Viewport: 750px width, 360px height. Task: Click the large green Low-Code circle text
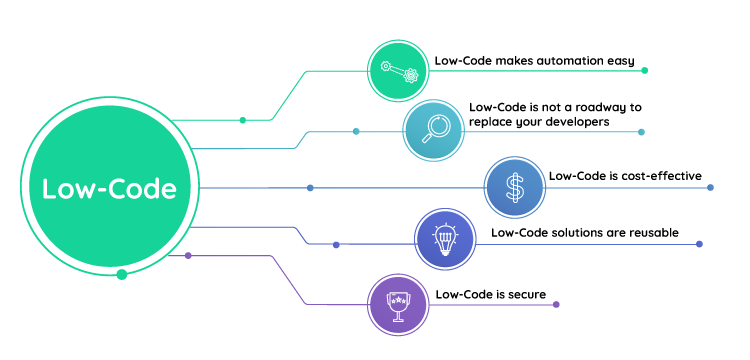[x=109, y=189]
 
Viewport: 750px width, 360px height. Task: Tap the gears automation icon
[x=401, y=70]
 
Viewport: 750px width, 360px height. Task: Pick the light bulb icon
[x=445, y=241]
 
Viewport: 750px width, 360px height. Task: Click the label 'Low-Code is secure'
[x=485, y=294]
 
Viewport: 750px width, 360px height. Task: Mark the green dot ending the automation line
[x=645, y=71]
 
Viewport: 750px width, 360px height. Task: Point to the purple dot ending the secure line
[x=556, y=305]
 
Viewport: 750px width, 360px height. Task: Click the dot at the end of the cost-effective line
[x=710, y=188]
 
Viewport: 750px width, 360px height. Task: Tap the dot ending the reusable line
[x=699, y=244]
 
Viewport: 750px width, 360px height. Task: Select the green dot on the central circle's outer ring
[x=122, y=274]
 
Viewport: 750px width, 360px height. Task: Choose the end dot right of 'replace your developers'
[x=641, y=132]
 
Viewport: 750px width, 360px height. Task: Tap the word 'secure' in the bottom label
[x=515, y=294]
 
